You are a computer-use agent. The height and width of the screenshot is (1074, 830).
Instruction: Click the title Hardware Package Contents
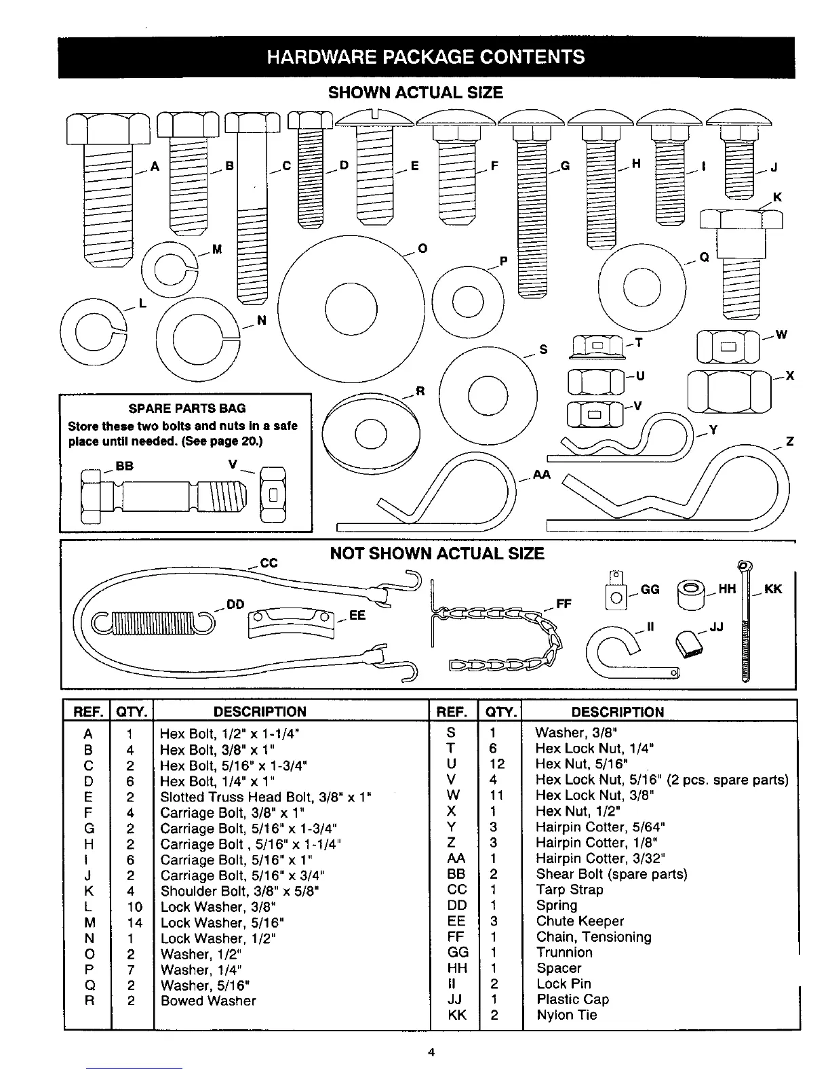pyautogui.click(x=426, y=57)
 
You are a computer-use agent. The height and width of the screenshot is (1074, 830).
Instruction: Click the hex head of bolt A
pyautogui.click(x=108, y=129)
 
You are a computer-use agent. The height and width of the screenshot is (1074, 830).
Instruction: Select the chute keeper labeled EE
pyautogui.click(x=292, y=622)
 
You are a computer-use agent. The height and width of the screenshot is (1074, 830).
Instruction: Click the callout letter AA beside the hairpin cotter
pyautogui.click(x=541, y=475)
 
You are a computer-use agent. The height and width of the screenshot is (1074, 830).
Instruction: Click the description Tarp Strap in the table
pyautogui.click(x=570, y=890)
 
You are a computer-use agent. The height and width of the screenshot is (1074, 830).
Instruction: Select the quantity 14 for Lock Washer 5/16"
pyautogui.click(x=134, y=923)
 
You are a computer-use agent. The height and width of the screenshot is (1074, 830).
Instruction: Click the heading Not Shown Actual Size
pyautogui.click(x=437, y=554)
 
